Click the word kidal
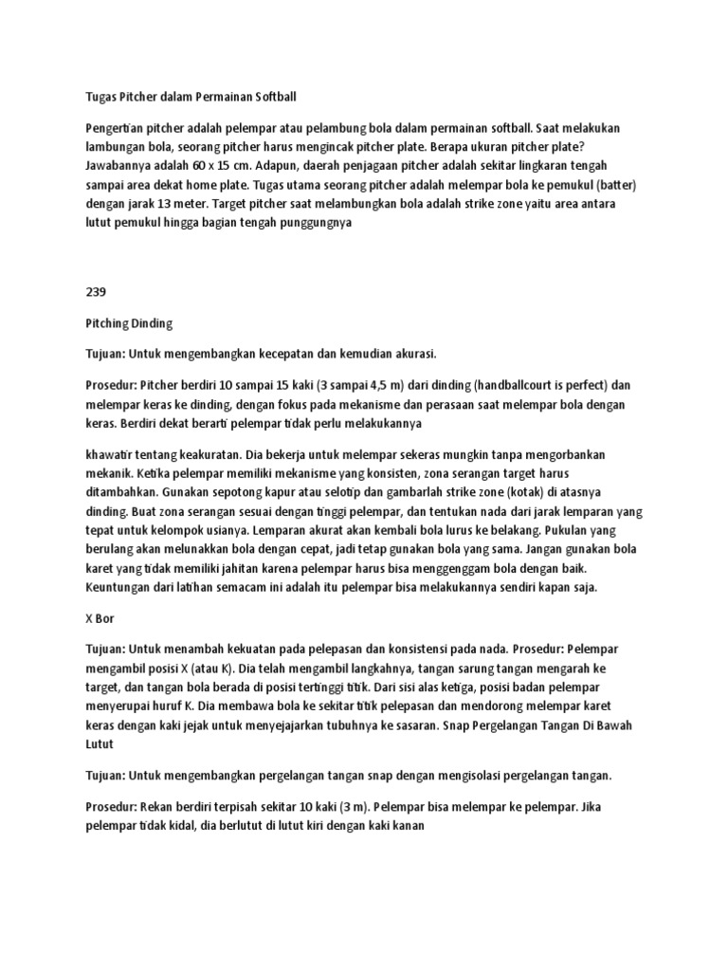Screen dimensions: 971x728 pos(177,825)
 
